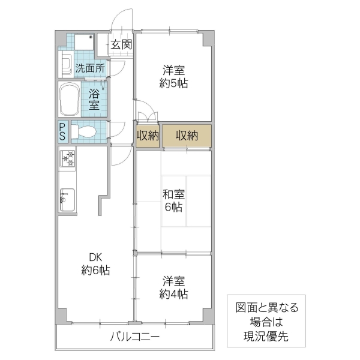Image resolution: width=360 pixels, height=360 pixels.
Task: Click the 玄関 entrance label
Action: coord(122,44)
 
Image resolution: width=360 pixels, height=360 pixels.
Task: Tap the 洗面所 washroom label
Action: coord(90,68)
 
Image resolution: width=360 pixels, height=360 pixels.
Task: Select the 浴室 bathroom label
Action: coord(95,100)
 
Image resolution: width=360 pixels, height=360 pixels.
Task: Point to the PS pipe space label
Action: coord(63,132)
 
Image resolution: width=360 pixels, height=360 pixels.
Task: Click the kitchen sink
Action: coord(67,199)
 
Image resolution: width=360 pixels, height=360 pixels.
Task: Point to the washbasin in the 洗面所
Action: coord(65,65)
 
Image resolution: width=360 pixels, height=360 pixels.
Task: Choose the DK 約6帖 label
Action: coord(95,265)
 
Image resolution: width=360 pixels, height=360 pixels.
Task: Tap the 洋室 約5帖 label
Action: coord(174,76)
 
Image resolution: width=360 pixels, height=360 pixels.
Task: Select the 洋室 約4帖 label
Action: coord(174,287)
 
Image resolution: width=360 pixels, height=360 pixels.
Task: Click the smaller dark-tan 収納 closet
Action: coord(147,136)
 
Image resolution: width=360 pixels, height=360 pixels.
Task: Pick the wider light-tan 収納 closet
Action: coord(187,136)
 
